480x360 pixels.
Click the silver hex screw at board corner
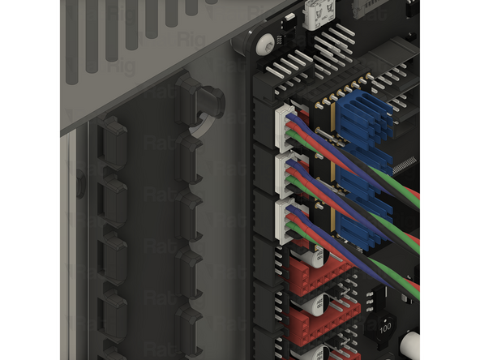[x=264, y=45]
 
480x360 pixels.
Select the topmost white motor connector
[x=285, y=129]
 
